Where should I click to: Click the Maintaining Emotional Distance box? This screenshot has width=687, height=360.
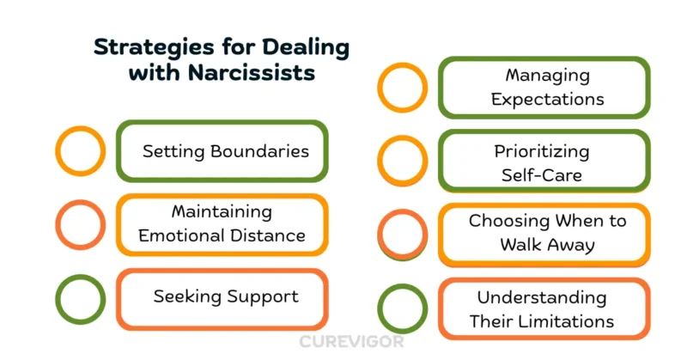click(x=222, y=224)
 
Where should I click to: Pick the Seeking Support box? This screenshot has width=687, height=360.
click(x=222, y=297)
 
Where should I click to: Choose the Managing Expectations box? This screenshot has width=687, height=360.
click(x=544, y=88)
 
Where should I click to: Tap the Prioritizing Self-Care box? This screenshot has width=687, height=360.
click(x=544, y=162)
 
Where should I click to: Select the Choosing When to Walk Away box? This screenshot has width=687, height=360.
click(x=544, y=234)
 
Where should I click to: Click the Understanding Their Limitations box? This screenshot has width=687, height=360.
click(x=544, y=309)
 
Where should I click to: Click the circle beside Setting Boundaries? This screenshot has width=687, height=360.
click(x=80, y=151)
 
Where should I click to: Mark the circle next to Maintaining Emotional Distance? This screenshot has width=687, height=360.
click(x=80, y=224)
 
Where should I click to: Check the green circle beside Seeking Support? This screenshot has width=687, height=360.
click(x=80, y=298)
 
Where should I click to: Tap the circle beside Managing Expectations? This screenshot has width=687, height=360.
click(x=403, y=88)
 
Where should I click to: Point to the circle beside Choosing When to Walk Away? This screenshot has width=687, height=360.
click(x=403, y=234)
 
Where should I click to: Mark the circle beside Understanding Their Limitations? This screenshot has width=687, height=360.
click(x=403, y=309)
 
